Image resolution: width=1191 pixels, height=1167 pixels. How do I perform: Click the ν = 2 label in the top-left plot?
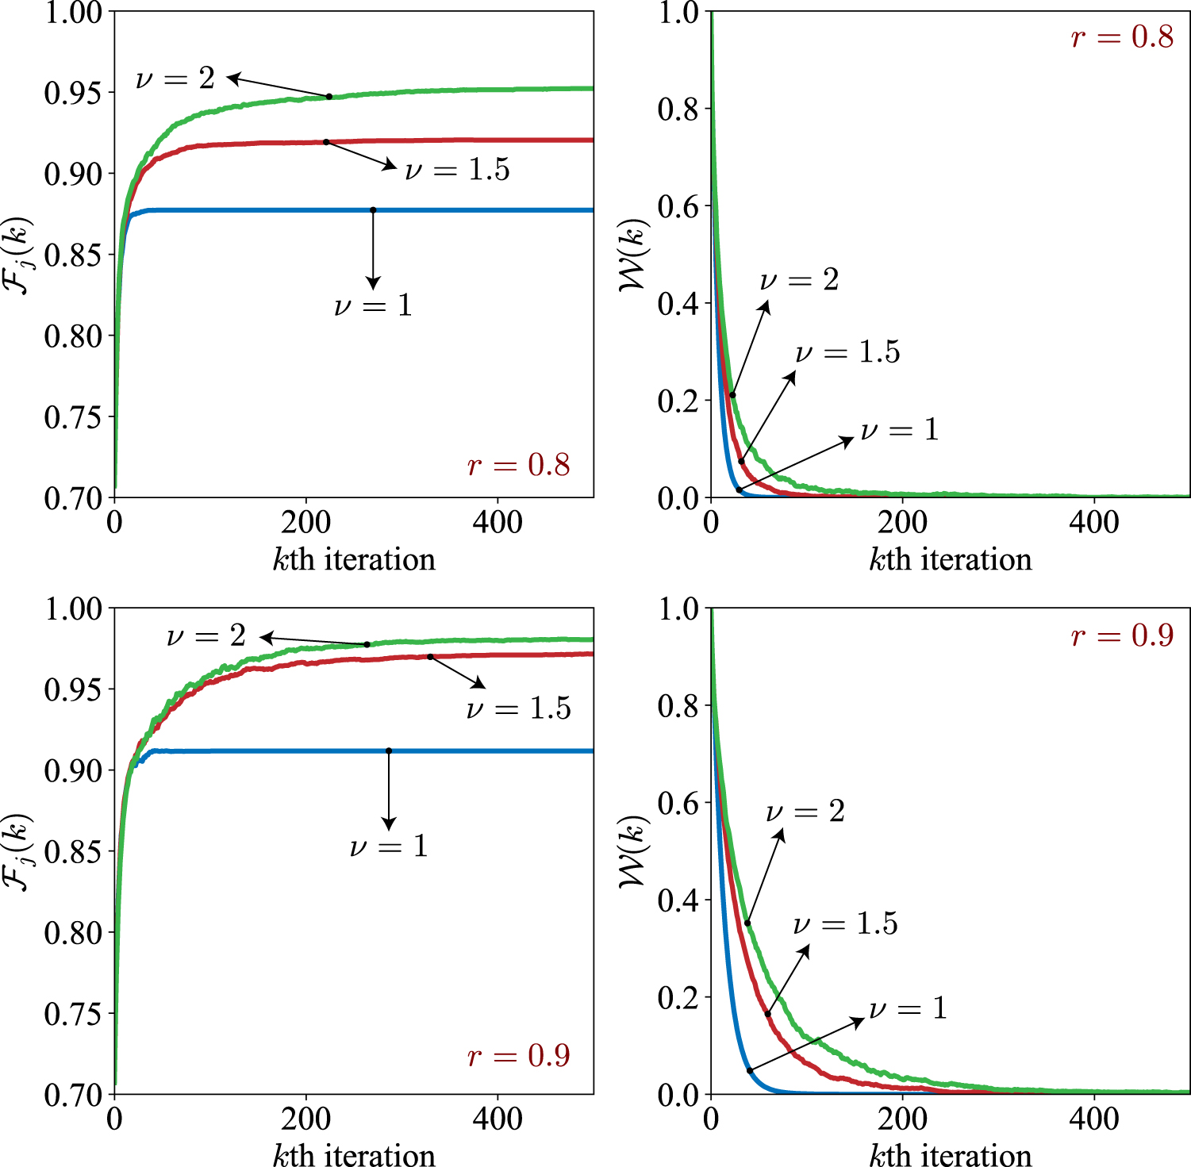[x=175, y=79]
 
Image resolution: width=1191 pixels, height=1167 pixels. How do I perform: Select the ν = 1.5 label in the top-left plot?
[x=457, y=170]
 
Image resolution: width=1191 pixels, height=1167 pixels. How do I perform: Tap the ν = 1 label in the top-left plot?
[x=373, y=305]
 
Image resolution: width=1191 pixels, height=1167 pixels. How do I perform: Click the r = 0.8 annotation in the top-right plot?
[x=1121, y=37]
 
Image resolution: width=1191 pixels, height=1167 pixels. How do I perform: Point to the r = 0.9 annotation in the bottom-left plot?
[x=518, y=1056]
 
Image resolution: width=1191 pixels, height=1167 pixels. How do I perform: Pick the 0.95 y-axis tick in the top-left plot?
[x=73, y=93]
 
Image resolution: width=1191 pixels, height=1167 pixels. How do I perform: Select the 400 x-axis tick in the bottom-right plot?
[x=1094, y=1119]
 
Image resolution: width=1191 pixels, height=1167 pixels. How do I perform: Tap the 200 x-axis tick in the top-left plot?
[x=305, y=523]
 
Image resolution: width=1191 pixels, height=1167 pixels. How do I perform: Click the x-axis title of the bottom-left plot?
[x=354, y=1155]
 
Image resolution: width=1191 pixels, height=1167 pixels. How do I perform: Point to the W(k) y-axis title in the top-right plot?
[x=635, y=254]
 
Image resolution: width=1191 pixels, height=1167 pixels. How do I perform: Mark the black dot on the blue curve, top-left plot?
[x=373, y=210]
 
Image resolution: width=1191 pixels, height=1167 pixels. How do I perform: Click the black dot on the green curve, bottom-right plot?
[x=747, y=923]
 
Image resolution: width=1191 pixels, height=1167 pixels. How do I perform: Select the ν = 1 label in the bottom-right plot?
[x=908, y=1008]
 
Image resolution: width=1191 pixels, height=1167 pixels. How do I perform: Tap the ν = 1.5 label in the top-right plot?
[x=847, y=351]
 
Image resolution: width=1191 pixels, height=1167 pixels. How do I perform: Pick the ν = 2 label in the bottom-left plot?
[x=206, y=636]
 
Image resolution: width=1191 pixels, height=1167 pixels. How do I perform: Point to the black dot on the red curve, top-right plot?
[x=742, y=461]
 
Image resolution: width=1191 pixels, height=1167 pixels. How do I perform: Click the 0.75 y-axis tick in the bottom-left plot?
[x=73, y=1014]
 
